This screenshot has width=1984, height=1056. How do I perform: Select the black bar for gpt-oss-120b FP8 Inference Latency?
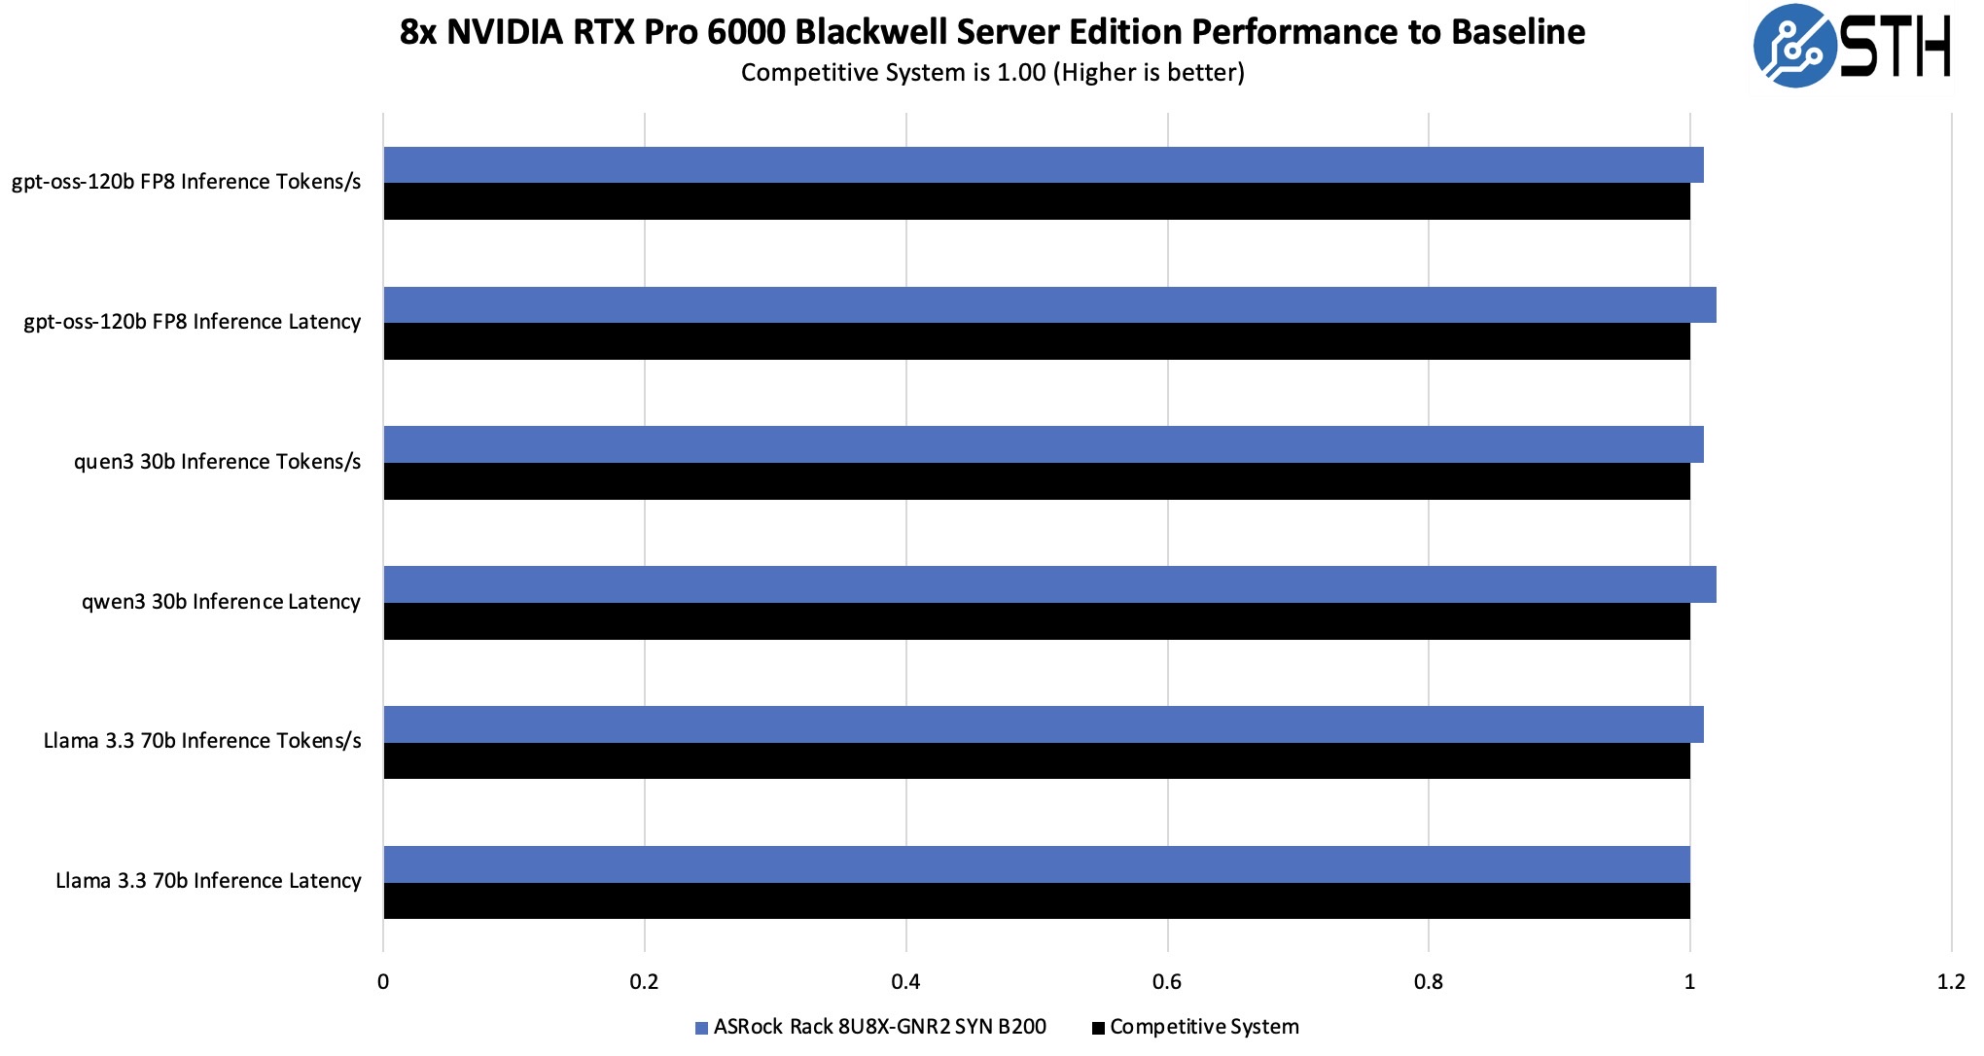1037,341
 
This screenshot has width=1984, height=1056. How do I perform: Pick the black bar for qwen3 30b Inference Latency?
1037,621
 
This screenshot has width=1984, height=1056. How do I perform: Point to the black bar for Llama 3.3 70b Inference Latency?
1037,900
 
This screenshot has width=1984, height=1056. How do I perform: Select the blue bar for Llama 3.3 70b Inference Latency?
1037,864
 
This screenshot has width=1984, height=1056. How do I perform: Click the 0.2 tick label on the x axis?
644,982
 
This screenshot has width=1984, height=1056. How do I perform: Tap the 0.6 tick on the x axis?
1167,982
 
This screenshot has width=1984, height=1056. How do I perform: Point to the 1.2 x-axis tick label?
1950,982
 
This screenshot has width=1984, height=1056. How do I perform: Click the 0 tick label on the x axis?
383,982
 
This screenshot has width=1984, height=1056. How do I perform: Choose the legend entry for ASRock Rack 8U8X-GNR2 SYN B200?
879,1027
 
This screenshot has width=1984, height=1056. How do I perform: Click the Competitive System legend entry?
1204,1027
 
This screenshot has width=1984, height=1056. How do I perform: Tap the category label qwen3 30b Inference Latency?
221,602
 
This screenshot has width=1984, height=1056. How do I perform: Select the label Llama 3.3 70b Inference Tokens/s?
202,741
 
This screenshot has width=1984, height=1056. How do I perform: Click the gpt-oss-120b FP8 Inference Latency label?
193,322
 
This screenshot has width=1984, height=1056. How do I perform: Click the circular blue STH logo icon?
1794,46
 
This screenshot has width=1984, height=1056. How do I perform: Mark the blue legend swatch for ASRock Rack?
701,1028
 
